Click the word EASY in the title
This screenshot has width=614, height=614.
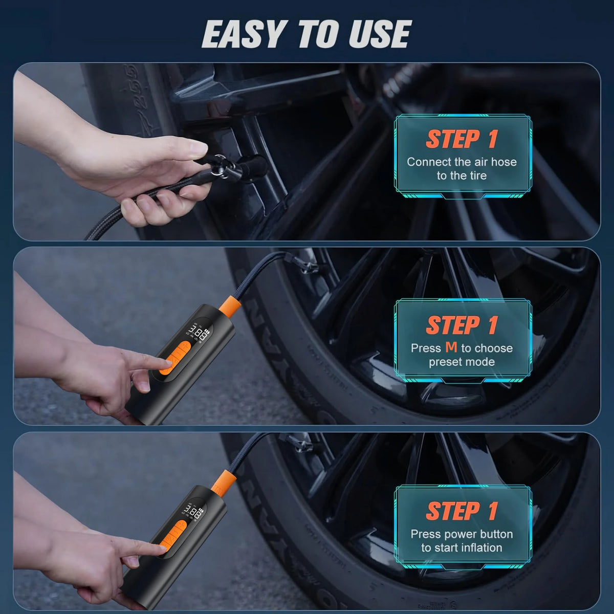tap(243, 34)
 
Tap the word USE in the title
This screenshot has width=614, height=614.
tap(380, 34)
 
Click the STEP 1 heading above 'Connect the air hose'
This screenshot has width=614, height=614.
tap(462, 139)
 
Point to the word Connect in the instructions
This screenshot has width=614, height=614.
tap(429, 162)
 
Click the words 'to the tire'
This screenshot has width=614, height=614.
tap(462, 176)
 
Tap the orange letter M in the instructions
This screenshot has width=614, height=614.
tap(451, 347)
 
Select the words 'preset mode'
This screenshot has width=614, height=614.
tap(462, 362)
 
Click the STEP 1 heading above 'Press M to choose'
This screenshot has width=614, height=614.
tap(462, 325)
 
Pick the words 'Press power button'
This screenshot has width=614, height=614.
tap(462, 534)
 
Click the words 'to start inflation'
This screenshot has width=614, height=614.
tap(462, 547)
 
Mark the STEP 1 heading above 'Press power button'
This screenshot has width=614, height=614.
tap(462, 511)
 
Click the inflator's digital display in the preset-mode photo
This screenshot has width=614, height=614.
tap(196, 333)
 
